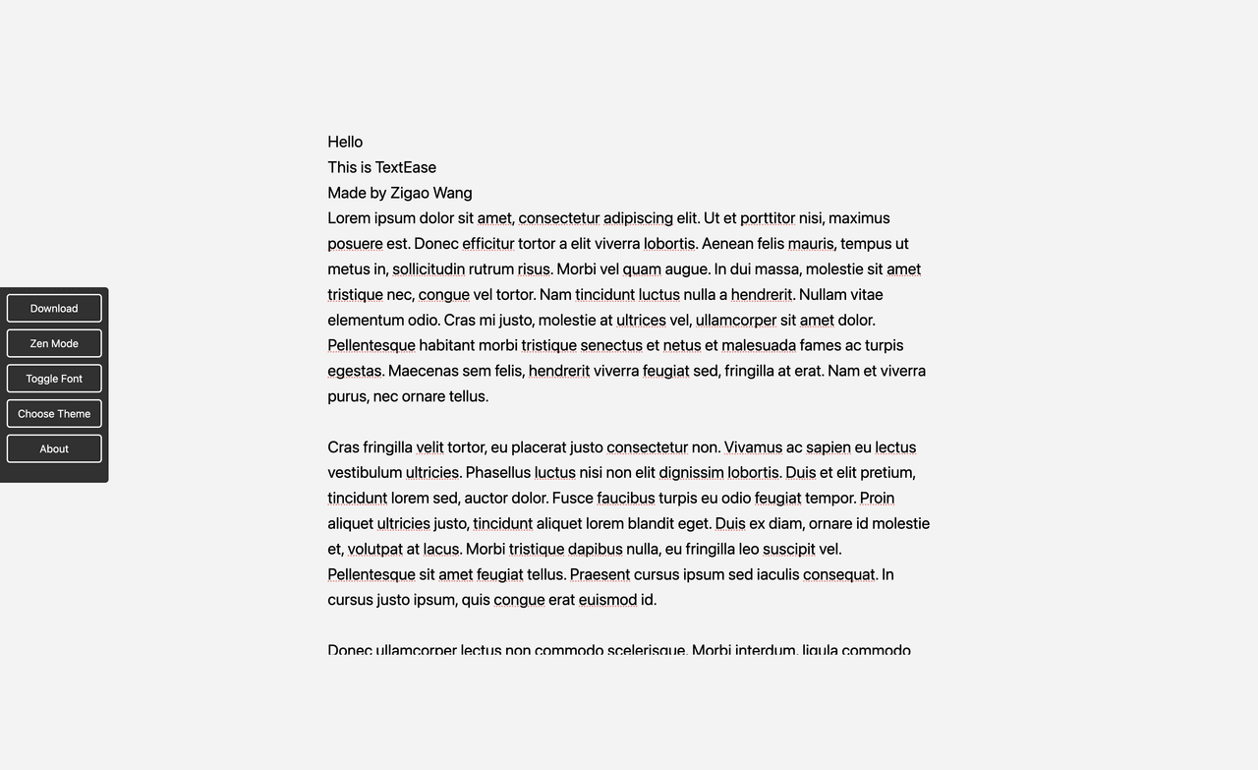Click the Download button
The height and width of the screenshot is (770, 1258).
click(x=54, y=308)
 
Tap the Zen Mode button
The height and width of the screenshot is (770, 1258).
click(x=54, y=343)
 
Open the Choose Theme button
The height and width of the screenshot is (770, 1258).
click(x=54, y=413)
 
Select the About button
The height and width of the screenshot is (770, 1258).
click(x=54, y=448)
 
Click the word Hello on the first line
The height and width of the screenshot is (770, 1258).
click(x=345, y=142)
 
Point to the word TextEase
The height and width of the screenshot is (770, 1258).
click(x=405, y=167)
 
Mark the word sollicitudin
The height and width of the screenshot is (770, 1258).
click(x=428, y=269)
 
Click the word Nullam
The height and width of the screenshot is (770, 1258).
click(x=824, y=295)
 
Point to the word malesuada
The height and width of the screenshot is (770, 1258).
click(x=759, y=345)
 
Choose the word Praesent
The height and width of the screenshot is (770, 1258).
click(x=600, y=574)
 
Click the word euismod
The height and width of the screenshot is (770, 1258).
click(x=607, y=600)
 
